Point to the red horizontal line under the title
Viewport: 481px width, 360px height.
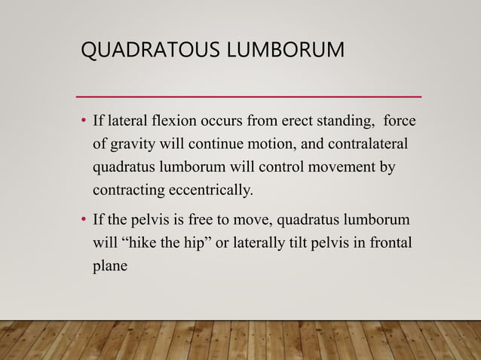[x=250, y=97]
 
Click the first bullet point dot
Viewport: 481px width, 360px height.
[x=84, y=122]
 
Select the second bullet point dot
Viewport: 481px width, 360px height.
[x=84, y=221]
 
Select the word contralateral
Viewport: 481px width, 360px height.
[x=366, y=142]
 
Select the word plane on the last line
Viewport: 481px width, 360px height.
[x=109, y=264]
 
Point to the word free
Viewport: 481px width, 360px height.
[x=195, y=221]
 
